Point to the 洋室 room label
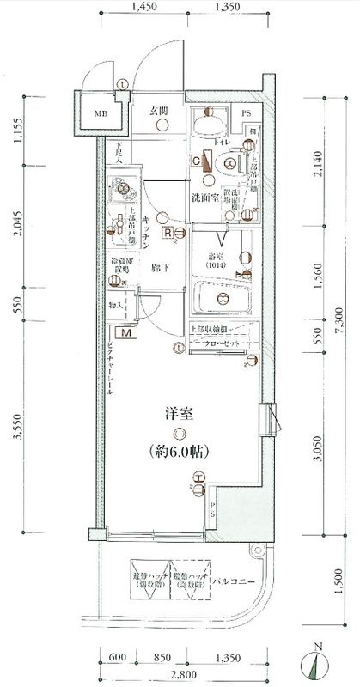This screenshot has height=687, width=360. click(x=178, y=413)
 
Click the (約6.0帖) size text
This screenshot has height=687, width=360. click(x=179, y=451)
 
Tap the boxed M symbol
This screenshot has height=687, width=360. click(x=126, y=332)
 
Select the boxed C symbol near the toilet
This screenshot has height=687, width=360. click(x=197, y=161)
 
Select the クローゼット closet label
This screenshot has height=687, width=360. click(x=225, y=343)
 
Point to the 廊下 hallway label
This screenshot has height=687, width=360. click(x=159, y=267)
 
